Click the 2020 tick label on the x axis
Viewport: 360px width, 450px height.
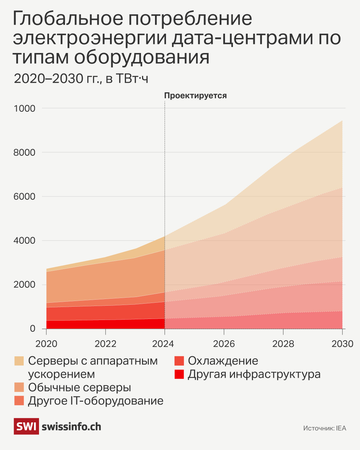click(46, 344)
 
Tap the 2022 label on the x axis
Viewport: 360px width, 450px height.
click(105, 344)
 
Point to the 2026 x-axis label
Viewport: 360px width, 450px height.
click(224, 344)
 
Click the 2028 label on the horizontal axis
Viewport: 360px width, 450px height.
click(283, 344)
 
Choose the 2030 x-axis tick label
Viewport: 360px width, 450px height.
click(342, 344)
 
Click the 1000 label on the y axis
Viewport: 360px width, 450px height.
click(24, 108)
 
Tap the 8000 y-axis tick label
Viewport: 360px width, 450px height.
click(24, 152)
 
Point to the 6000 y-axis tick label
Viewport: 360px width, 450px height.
click(24, 196)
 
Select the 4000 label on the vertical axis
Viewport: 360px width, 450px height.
click(24, 240)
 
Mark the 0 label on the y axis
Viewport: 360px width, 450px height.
click(32, 328)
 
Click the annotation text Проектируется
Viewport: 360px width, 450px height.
click(195, 96)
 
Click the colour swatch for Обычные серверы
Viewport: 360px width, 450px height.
click(19, 387)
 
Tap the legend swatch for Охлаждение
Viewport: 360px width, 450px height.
click(179, 361)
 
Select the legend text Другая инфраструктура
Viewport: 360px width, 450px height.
click(254, 374)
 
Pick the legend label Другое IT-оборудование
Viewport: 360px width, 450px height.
click(96, 401)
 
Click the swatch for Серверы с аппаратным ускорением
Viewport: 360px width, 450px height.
click(19, 361)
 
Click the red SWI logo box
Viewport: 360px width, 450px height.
click(26, 426)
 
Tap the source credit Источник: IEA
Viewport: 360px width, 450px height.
click(325, 428)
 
